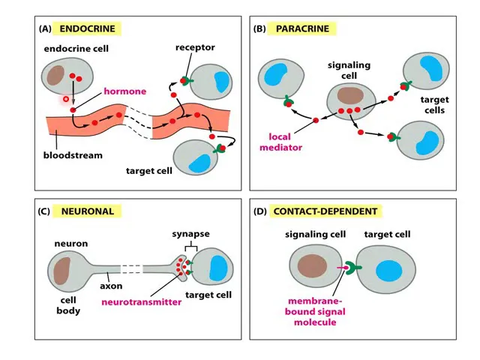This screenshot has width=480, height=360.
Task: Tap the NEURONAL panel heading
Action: pos(88,211)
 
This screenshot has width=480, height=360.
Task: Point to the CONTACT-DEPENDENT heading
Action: pos(325,211)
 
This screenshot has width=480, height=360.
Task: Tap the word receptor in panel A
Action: pos(195,48)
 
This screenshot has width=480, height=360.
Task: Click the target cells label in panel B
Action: pos(433,104)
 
